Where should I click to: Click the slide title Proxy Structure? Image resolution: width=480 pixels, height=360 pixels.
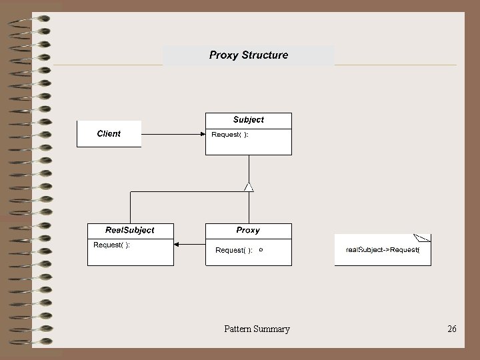tap(249, 55)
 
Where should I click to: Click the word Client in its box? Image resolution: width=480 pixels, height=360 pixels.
tap(109, 133)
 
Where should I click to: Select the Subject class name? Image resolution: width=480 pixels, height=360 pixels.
tap(248, 119)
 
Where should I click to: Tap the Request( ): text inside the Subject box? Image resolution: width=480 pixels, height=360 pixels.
tap(230, 134)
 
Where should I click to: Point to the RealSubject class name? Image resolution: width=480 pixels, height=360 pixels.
tap(131, 230)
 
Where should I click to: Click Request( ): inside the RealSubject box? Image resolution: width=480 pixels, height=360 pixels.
tap(111, 245)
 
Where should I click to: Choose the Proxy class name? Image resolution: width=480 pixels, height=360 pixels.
tap(248, 230)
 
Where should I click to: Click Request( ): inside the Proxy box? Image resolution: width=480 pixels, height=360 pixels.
tap(233, 250)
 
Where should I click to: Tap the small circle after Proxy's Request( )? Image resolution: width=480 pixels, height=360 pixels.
tap(261, 249)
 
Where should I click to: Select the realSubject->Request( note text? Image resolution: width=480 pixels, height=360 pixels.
tap(382, 249)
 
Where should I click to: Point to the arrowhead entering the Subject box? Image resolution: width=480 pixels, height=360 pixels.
tap(203, 134)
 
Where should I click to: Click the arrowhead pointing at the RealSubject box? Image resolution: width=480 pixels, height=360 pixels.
tap(177, 245)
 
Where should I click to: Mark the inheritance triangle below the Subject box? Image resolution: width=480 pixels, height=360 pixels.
tap(249, 186)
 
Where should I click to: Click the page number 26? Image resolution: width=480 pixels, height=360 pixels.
tap(452, 329)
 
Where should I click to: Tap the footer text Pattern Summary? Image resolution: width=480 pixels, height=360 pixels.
tap(257, 329)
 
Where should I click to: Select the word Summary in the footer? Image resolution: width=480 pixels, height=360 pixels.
tap(271, 329)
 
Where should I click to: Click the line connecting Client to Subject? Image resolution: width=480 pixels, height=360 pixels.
tap(172, 134)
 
